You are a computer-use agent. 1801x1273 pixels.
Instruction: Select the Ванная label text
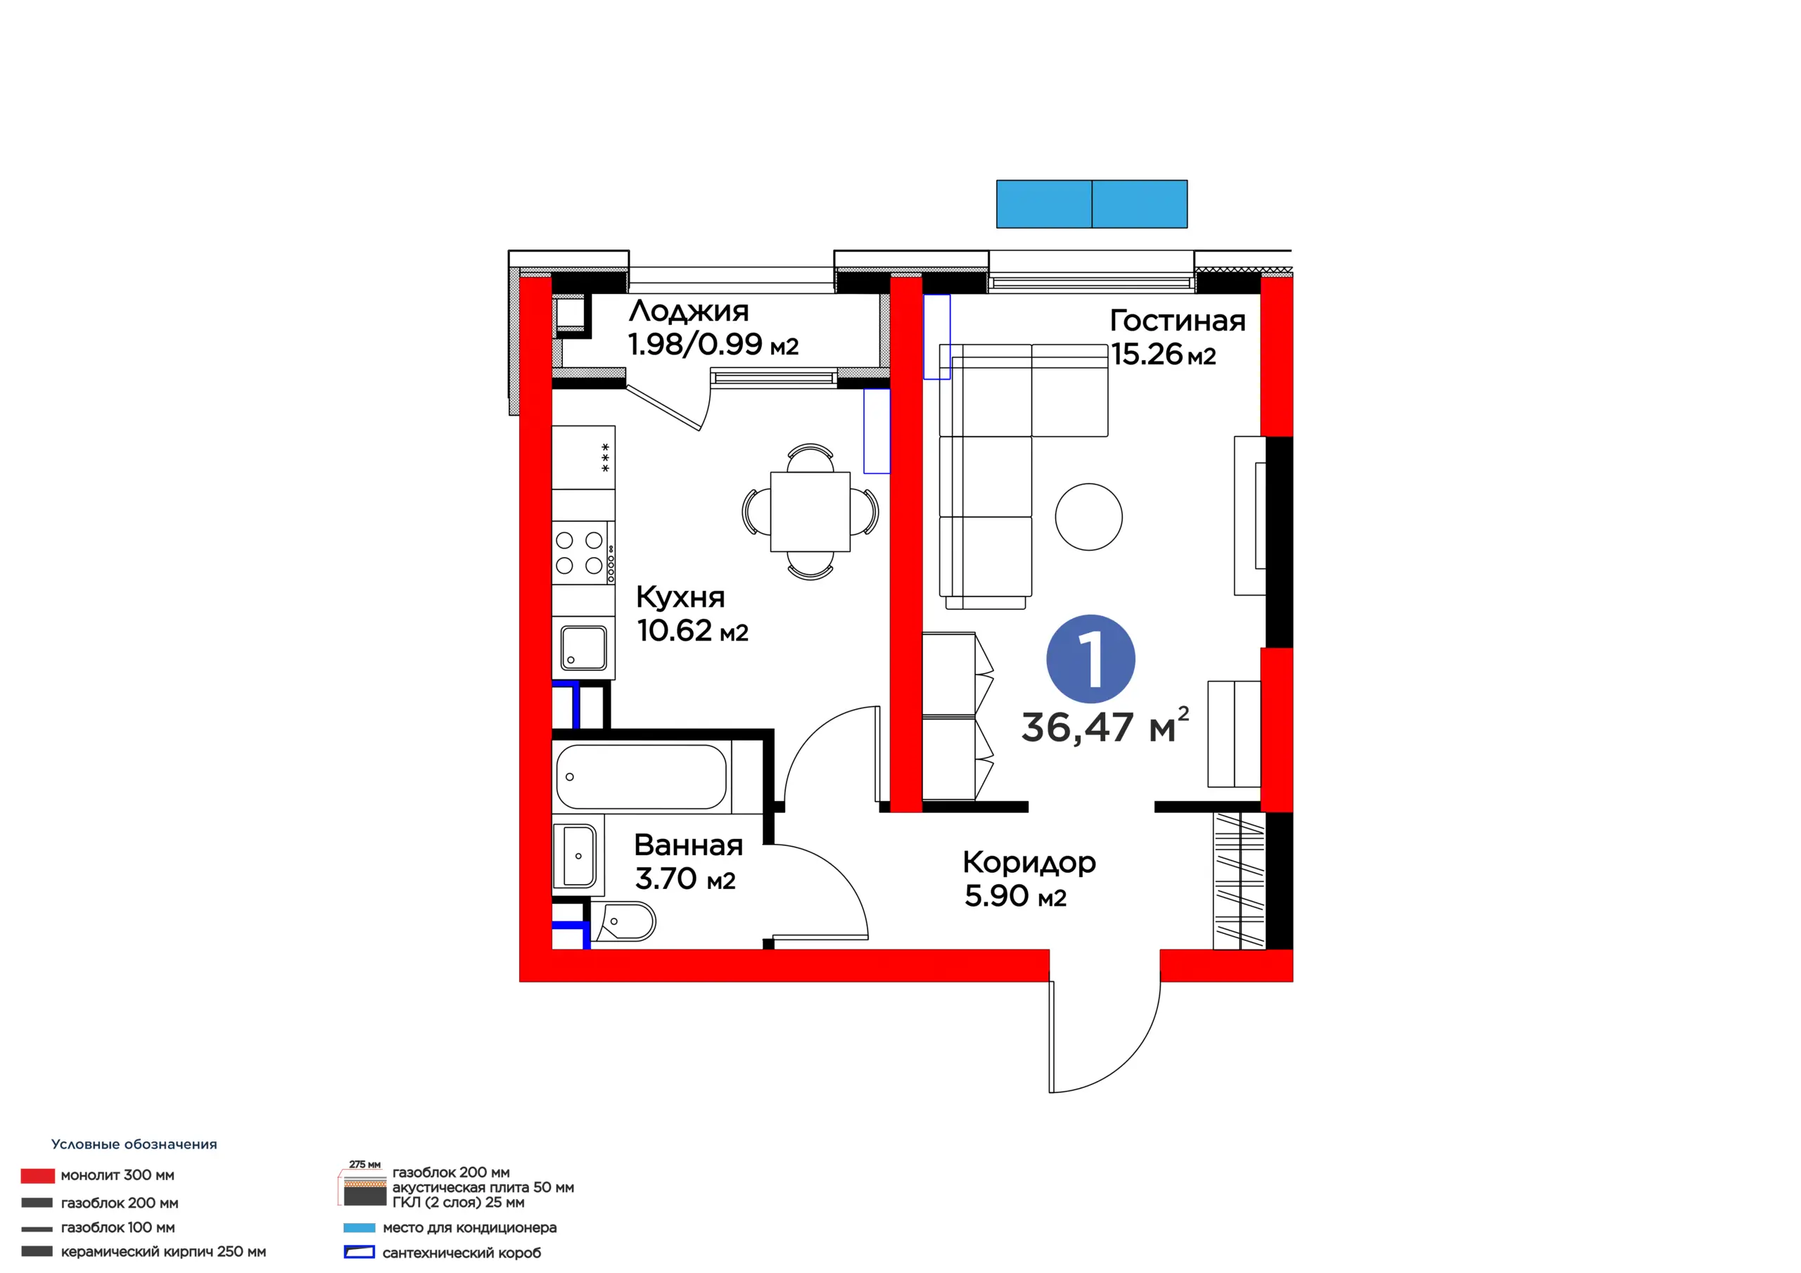click(688, 845)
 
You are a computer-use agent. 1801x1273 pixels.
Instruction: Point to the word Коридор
click(1029, 864)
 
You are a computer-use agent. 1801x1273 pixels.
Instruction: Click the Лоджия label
click(689, 312)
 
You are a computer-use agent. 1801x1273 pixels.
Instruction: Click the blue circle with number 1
click(1090, 659)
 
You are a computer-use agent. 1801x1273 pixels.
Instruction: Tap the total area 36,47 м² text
click(1105, 726)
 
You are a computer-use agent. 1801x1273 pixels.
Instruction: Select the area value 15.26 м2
click(1164, 354)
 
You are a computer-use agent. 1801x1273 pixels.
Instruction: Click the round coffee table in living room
click(1089, 517)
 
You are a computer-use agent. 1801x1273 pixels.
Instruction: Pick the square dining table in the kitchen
click(810, 511)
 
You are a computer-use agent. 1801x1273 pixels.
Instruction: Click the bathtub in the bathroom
click(642, 776)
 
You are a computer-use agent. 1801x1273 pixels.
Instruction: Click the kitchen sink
click(583, 648)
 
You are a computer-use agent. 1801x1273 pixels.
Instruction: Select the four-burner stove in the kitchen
click(583, 552)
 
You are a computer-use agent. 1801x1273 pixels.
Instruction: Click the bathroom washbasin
click(579, 855)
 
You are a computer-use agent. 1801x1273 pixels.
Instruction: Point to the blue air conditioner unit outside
click(1091, 204)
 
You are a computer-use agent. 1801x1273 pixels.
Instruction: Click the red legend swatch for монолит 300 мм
click(38, 1175)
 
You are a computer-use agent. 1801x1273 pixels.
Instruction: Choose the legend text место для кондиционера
click(469, 1227)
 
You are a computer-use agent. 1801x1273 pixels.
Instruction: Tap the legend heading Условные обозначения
click(134, 1144)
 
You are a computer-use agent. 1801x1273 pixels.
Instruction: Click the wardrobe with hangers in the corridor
click(1240, 881)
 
